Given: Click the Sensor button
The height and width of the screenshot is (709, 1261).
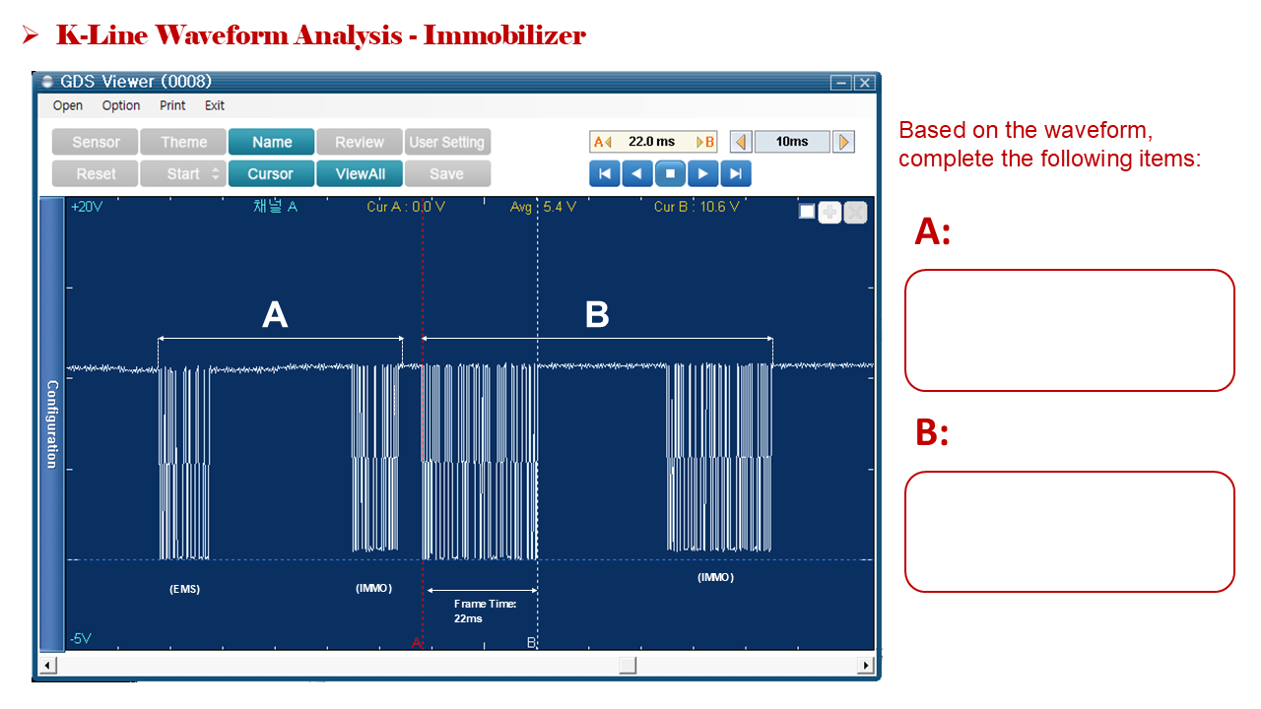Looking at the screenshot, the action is (96, 142).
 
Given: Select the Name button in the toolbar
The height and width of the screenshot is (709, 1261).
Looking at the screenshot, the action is (271, 142).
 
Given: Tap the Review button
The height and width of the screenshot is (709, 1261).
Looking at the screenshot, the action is (360, 142).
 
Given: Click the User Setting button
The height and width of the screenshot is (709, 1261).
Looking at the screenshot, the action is (447, 142).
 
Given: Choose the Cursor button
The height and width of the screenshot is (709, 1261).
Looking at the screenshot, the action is (271, 174).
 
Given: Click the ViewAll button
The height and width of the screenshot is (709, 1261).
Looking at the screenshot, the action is (360, 174).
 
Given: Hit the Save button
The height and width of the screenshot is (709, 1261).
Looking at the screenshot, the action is (447, 174).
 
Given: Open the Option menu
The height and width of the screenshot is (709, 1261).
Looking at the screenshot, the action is (121, 105).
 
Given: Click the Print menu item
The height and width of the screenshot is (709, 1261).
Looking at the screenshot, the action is (172, 105).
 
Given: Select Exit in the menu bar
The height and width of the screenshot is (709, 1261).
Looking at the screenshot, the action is (215, 105).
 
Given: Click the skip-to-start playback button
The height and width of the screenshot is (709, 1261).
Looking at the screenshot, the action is (605, 173).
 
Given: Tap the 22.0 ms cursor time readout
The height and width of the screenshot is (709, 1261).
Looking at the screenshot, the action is (652, 141).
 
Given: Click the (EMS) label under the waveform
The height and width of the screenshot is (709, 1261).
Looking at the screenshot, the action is (184, 589).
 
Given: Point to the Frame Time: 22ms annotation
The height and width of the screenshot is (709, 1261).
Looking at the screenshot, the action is (485, 612).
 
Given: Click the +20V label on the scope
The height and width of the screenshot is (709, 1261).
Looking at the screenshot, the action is (87, 207).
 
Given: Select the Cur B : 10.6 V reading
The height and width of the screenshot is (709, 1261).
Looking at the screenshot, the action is (697, 207).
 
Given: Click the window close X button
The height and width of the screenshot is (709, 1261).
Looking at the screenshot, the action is (865, 84).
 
